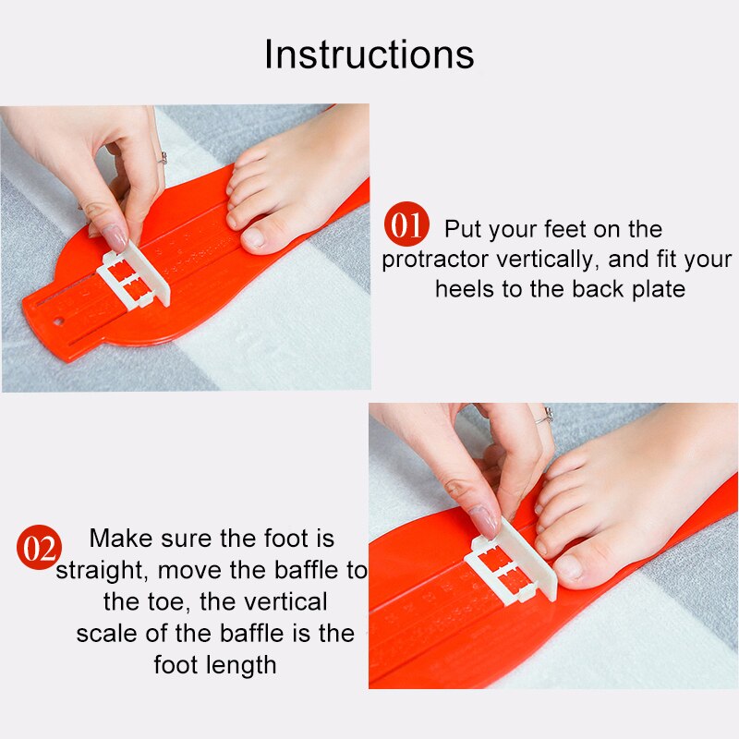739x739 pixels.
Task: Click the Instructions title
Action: click(x=369, y=55)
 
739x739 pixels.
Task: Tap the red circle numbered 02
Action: click(x=39, y=549)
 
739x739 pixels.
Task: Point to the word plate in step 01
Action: click(x=657, y=289)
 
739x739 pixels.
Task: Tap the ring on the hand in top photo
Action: click(x=163, y=158)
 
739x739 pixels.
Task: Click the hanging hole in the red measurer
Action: click(x=59, y=322)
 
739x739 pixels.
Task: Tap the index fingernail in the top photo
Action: click(x=115, y=237)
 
